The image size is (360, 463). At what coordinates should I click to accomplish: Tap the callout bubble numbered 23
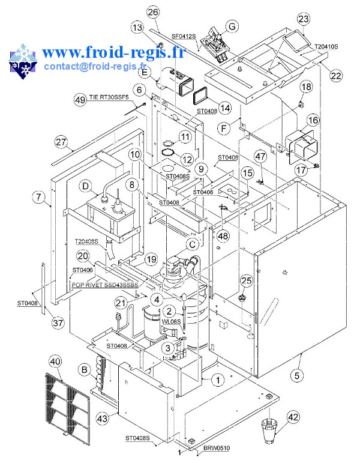[x=304, y=19]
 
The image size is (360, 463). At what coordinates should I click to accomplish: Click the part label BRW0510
[x=217, y=448]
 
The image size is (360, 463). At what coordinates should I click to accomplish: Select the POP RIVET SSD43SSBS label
[x=104, y=285]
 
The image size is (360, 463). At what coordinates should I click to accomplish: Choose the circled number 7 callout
[x=40, y=198]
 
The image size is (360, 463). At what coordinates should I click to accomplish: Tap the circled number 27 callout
[x=61, y=142]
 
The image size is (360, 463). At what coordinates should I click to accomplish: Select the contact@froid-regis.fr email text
[x=94, y=65]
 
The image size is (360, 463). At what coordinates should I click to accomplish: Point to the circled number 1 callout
[x=218, y=380]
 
